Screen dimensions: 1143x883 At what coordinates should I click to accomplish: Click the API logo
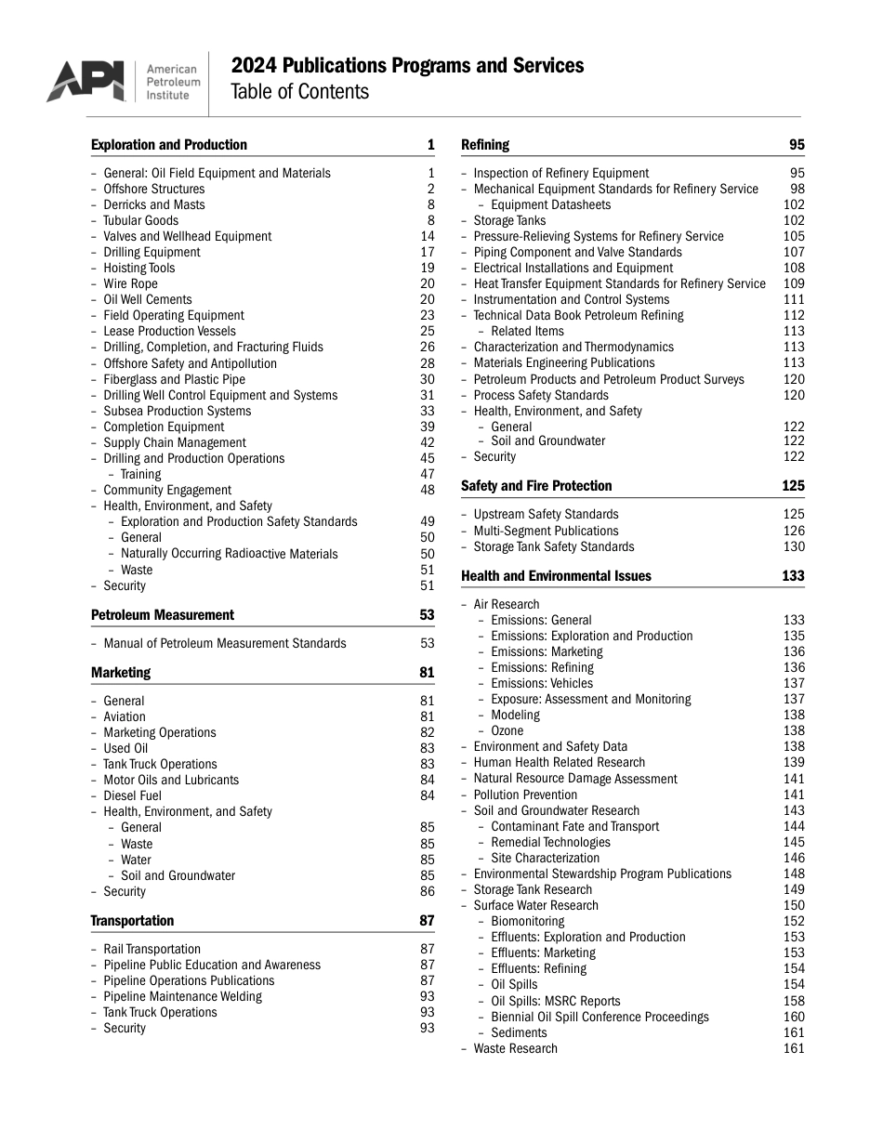pyautogui.click(x=86, y=82)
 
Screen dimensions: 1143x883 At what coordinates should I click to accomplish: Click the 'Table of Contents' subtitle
pyautogui.click(x=299, y=92)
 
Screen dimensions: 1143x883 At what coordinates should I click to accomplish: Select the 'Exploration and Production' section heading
pyautogui.click(x=169, y=145)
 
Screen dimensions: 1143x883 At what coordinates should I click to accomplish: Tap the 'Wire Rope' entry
pyautogui.click(x=130, y=284)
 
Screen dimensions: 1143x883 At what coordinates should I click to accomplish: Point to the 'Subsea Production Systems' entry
pyautogui.click(x=177, y=412)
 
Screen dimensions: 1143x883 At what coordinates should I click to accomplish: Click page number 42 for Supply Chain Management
pyautogui.click(x=427, y=443)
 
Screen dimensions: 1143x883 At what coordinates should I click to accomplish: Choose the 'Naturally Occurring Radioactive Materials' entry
pyautogui.click(x=229, y=554)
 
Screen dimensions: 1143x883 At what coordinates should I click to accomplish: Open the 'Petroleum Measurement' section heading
pyautogui.click(x=163, y=615)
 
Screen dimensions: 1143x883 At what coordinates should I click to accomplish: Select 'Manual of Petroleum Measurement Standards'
pyautogui.click(x=224, y=644)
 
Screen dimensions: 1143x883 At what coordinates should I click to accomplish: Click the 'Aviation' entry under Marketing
pyautogui.click(x=125, y=717)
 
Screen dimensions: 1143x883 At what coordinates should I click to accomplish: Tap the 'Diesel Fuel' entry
pyautogui.click(x=132, y=796)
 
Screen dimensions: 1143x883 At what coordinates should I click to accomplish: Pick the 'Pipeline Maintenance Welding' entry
pyautogui.click(x=182, y=997)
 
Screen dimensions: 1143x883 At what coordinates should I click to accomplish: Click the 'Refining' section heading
pyautogui.click(x=485, y=145)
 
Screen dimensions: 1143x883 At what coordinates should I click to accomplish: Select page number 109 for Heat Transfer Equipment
pyautogui.click(x=794, y=284)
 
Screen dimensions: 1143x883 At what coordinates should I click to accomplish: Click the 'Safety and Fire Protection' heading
pyautogui.click(x=536, y=486)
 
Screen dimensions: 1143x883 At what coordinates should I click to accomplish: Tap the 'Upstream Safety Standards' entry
pyautogui.click(x=546, y=515)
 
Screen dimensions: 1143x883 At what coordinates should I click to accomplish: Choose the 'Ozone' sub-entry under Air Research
pyautogui.click(x=507, y=731)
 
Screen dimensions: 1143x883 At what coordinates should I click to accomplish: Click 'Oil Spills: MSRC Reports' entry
pyautogui.click(x=555, y=1002)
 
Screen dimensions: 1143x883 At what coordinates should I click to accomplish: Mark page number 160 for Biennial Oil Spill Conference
pyautogui.click(x=794, y=1018)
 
